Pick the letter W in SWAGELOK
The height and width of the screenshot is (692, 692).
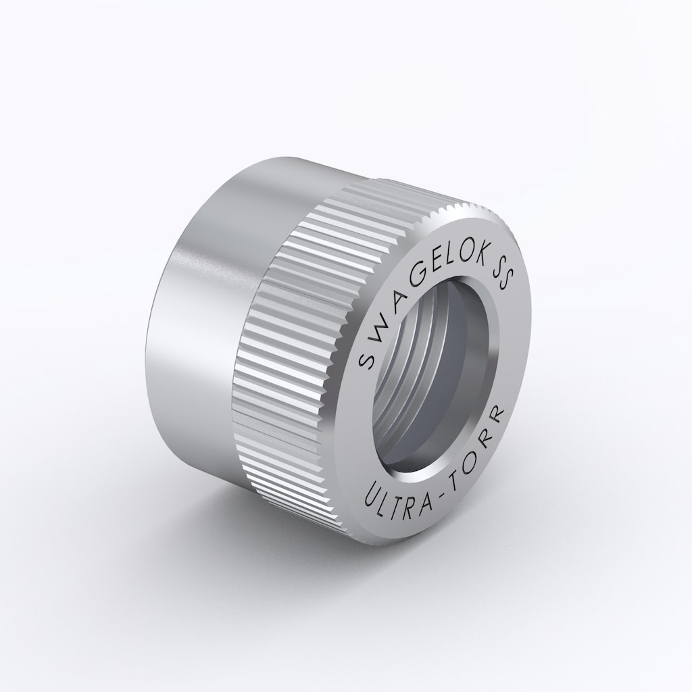378,320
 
